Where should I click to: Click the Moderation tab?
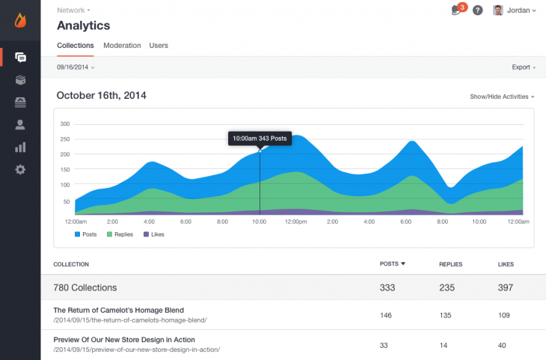click(122, 46)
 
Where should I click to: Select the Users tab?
click(159, 46)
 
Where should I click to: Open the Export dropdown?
click(523, 67)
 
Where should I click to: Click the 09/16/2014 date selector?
click(75, 67)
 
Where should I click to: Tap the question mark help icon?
click(478, 10)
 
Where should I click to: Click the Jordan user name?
click(518, 10)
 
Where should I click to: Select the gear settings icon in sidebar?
click(20, 170)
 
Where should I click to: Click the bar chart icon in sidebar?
click(20, 147)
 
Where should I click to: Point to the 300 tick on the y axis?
click(64, 123)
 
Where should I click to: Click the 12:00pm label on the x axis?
click(296, 222)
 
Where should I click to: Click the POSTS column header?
click(392, 264)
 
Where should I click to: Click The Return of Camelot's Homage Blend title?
click(118, 310)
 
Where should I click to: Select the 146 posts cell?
click(386, 315)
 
